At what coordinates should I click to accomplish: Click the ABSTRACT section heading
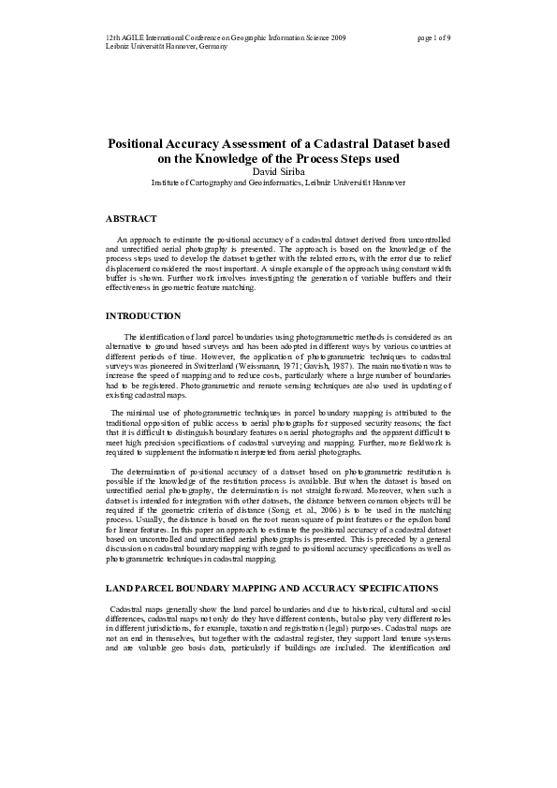pyautogui.click(x=131, y=218)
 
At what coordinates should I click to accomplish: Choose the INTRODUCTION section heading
pyautogui.click(x=143, y=316)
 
